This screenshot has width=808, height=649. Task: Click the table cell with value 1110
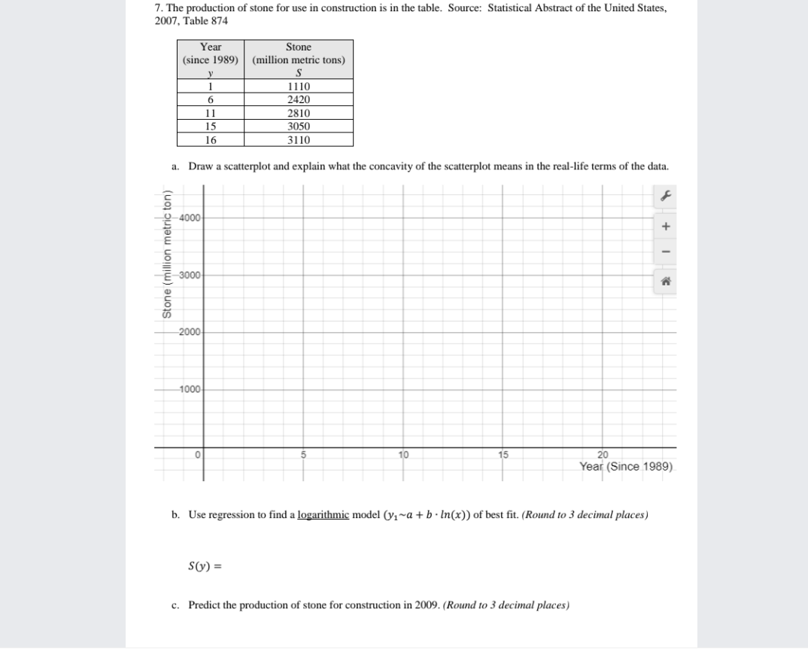pyautogui.click(x=299, y=87)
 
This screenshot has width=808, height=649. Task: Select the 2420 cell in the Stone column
pyautogui.click(x=299, y=99)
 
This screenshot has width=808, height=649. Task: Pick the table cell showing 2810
pyautogui.click(x=299, y=113)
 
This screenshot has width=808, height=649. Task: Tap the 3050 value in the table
pyautogui.click(x=299, y=126)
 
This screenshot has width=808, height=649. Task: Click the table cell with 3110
pyautogui.click(x=299, y=140)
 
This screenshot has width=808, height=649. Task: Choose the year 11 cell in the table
pyautogui.click(x=211, y=113)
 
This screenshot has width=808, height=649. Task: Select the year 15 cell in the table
pyautogui.click(x=211, y=126)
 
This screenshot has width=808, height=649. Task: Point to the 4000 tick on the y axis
pyautogui.click(x=190, y=218)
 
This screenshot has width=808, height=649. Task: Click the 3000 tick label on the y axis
pyautogui.click(x=190, y=276)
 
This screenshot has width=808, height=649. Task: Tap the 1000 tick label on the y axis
pyautogui.click(x=190, y=389)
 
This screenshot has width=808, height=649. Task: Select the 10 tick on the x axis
pyautogui.click(x=404, y=455)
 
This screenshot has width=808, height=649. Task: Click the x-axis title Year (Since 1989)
pyautogui.click(x=625, y=466)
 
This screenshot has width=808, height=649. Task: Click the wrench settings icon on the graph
pyautogui.click(x=665, y=196)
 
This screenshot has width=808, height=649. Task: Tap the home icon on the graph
pyautogui.click(x=665, y=279)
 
